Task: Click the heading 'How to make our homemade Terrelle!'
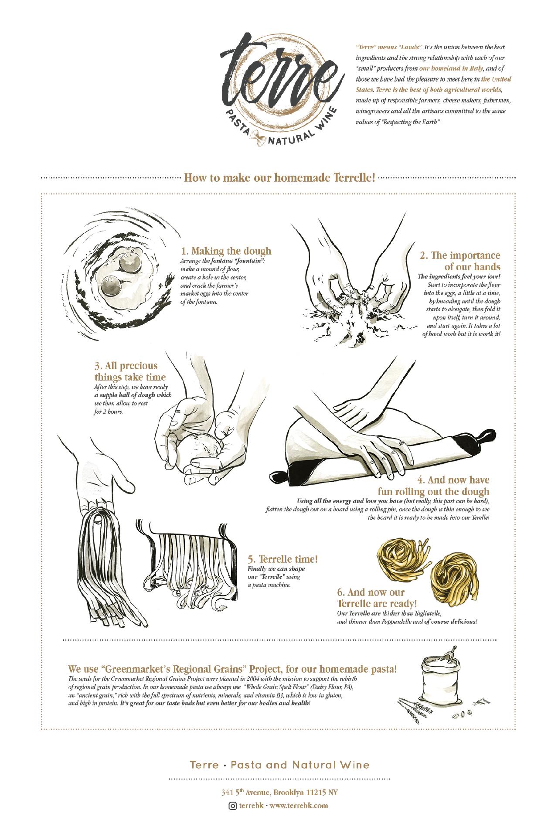coord(279,178)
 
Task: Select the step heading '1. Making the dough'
coord(226,251)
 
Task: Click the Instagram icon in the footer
coord(232,818)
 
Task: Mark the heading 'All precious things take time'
coord(130,371)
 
